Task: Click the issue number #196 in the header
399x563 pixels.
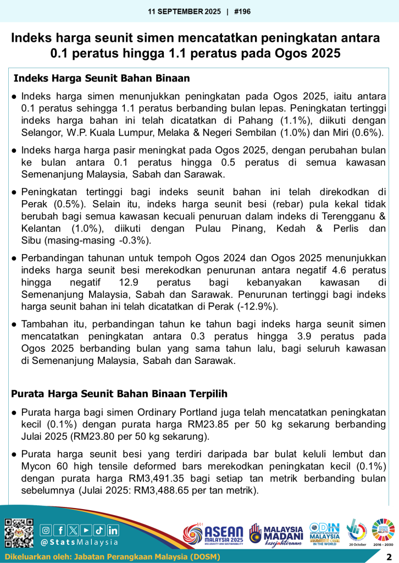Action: click(x=242, y=10)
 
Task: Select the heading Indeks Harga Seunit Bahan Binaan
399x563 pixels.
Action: click(x=102, y=79)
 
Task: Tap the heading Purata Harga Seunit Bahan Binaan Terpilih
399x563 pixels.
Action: click(x=119, y=394)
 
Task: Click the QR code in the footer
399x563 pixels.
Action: click(x=19, y=533)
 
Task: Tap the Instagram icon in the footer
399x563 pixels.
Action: click(x=46, y=530)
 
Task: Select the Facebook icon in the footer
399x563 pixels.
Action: click(x=59, y=530)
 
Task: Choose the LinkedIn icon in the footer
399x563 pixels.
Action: click(x=113, y=530)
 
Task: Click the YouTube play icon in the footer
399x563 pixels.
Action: click(x=86, y=530)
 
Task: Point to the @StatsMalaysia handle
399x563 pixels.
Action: click(x=80, y=542)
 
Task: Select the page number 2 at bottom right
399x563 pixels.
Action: click(x=389, y=557)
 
